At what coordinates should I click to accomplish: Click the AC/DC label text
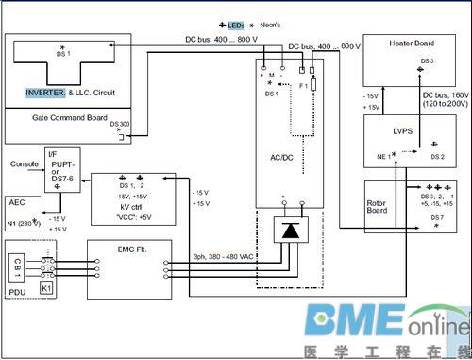(x=289, y=157)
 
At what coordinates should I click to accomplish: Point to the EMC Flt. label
(x=132, y=249)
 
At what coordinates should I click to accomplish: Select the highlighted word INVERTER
(x=45, y=93)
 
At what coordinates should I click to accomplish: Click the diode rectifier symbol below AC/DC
(x=288, y=231)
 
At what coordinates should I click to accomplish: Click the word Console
(x=25, y=163)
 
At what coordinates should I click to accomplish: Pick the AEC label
(x=17, y=203)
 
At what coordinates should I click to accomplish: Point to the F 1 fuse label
(x=304, y=85)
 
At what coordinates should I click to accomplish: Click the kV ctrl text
(x=131, y=204)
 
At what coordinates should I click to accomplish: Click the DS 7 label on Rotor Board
(x=437, y=216)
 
